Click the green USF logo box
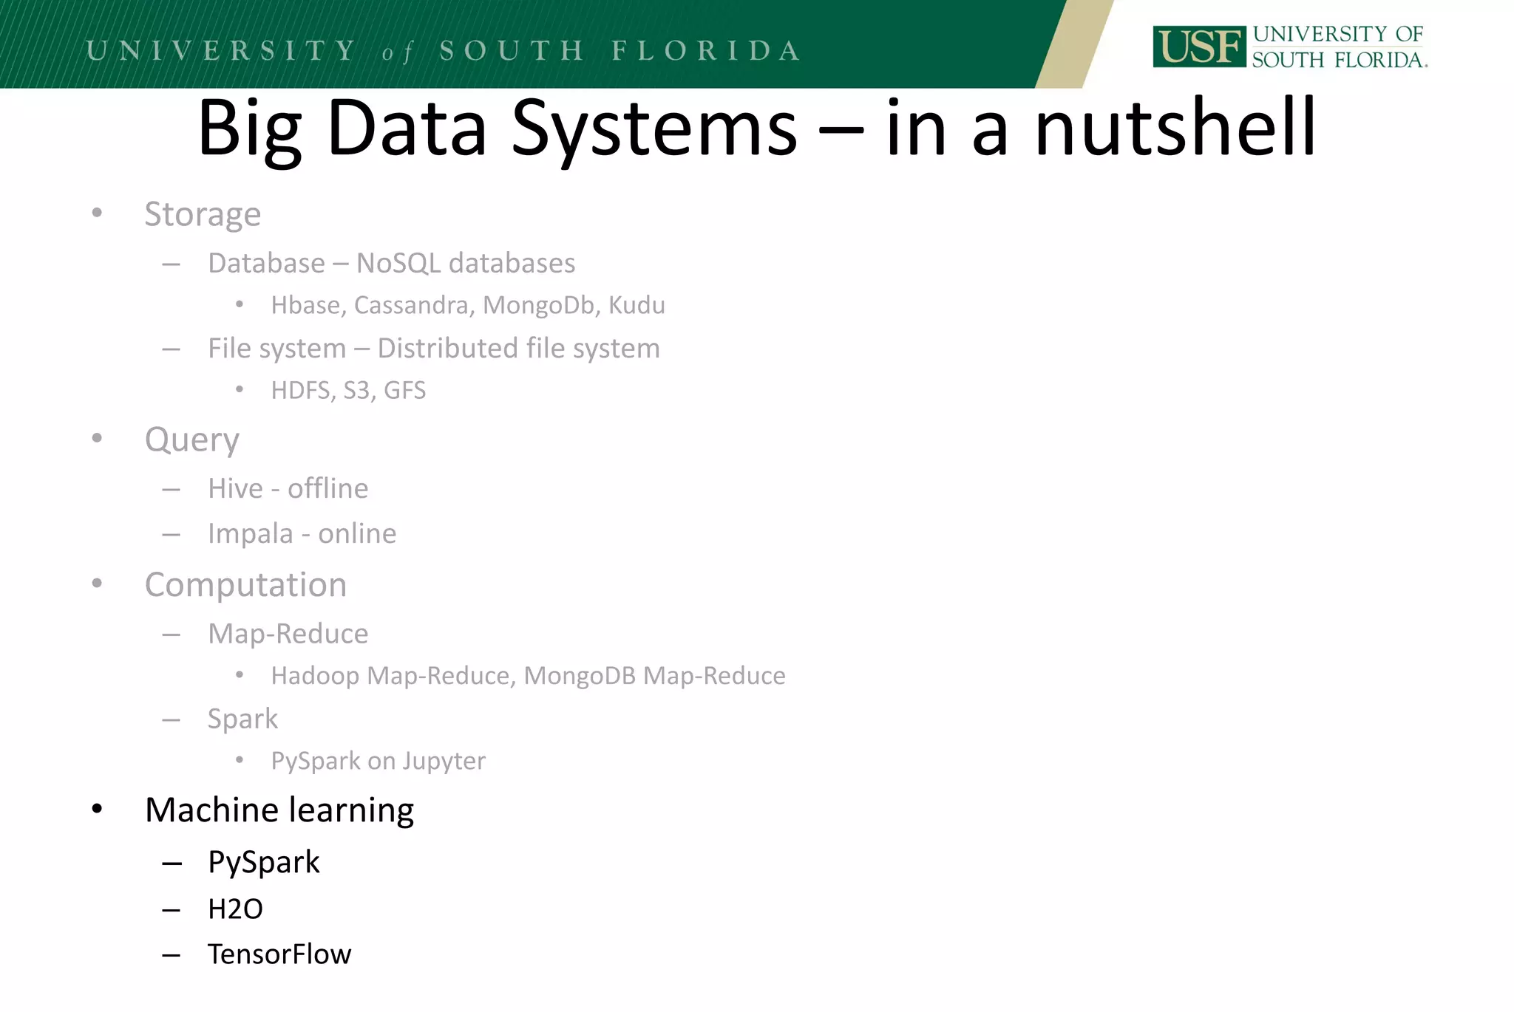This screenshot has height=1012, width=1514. pos(1198,47)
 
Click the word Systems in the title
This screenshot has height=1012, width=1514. pos(654,129)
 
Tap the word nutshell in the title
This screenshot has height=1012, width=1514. pos(1175,129)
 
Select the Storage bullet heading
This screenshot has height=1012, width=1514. pos(203,214)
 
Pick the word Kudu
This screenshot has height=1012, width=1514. pos(637,305)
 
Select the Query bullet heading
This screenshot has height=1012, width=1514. pos(191,440)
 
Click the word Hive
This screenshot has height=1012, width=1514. pos(235,488)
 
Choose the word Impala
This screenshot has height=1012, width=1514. pos(250,533)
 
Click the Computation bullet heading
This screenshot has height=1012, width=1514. pos(245,585)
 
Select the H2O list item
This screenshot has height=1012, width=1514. pos(235,909)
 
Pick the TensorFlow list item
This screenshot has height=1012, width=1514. pos(279,954)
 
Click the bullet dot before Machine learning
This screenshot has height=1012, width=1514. pos(97,809)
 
